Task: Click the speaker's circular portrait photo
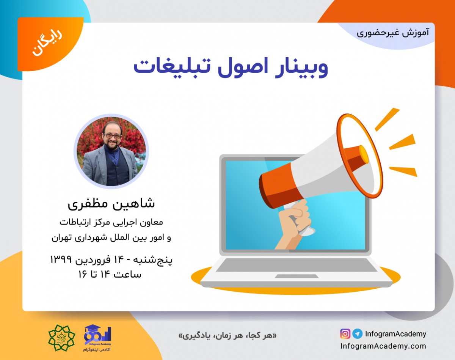coord(111,151)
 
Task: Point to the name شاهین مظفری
coord(111,203)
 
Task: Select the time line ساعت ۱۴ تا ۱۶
coord(110,274)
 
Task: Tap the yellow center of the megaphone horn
coord(363,156)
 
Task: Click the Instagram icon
coord(345,334)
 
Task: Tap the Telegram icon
coord(357,334)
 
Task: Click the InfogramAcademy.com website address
coord(383,346)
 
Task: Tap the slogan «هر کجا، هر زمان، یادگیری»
coord(227,336)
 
